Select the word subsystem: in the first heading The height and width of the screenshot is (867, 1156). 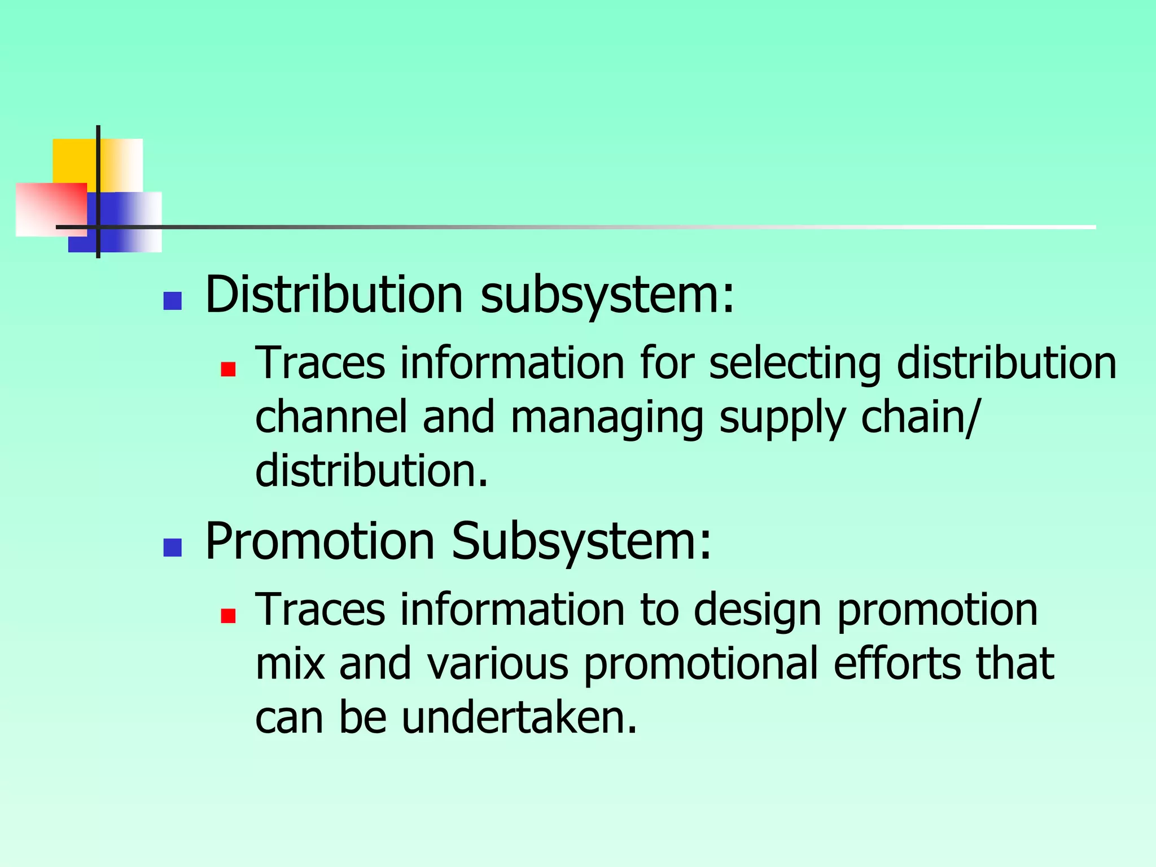coord(607,295)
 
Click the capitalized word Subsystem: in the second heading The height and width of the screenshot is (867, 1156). coord(581,542)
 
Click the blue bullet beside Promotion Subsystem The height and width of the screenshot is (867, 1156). coord(172,548)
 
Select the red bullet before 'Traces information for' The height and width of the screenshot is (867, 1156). coord(228,369)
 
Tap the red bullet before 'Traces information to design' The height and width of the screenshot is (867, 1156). coord(228,616)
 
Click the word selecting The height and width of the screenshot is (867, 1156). coord(795,364)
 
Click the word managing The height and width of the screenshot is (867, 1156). coord(607,418)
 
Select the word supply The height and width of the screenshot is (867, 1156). coord(782,418)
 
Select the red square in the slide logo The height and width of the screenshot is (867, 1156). coord(51,209)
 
